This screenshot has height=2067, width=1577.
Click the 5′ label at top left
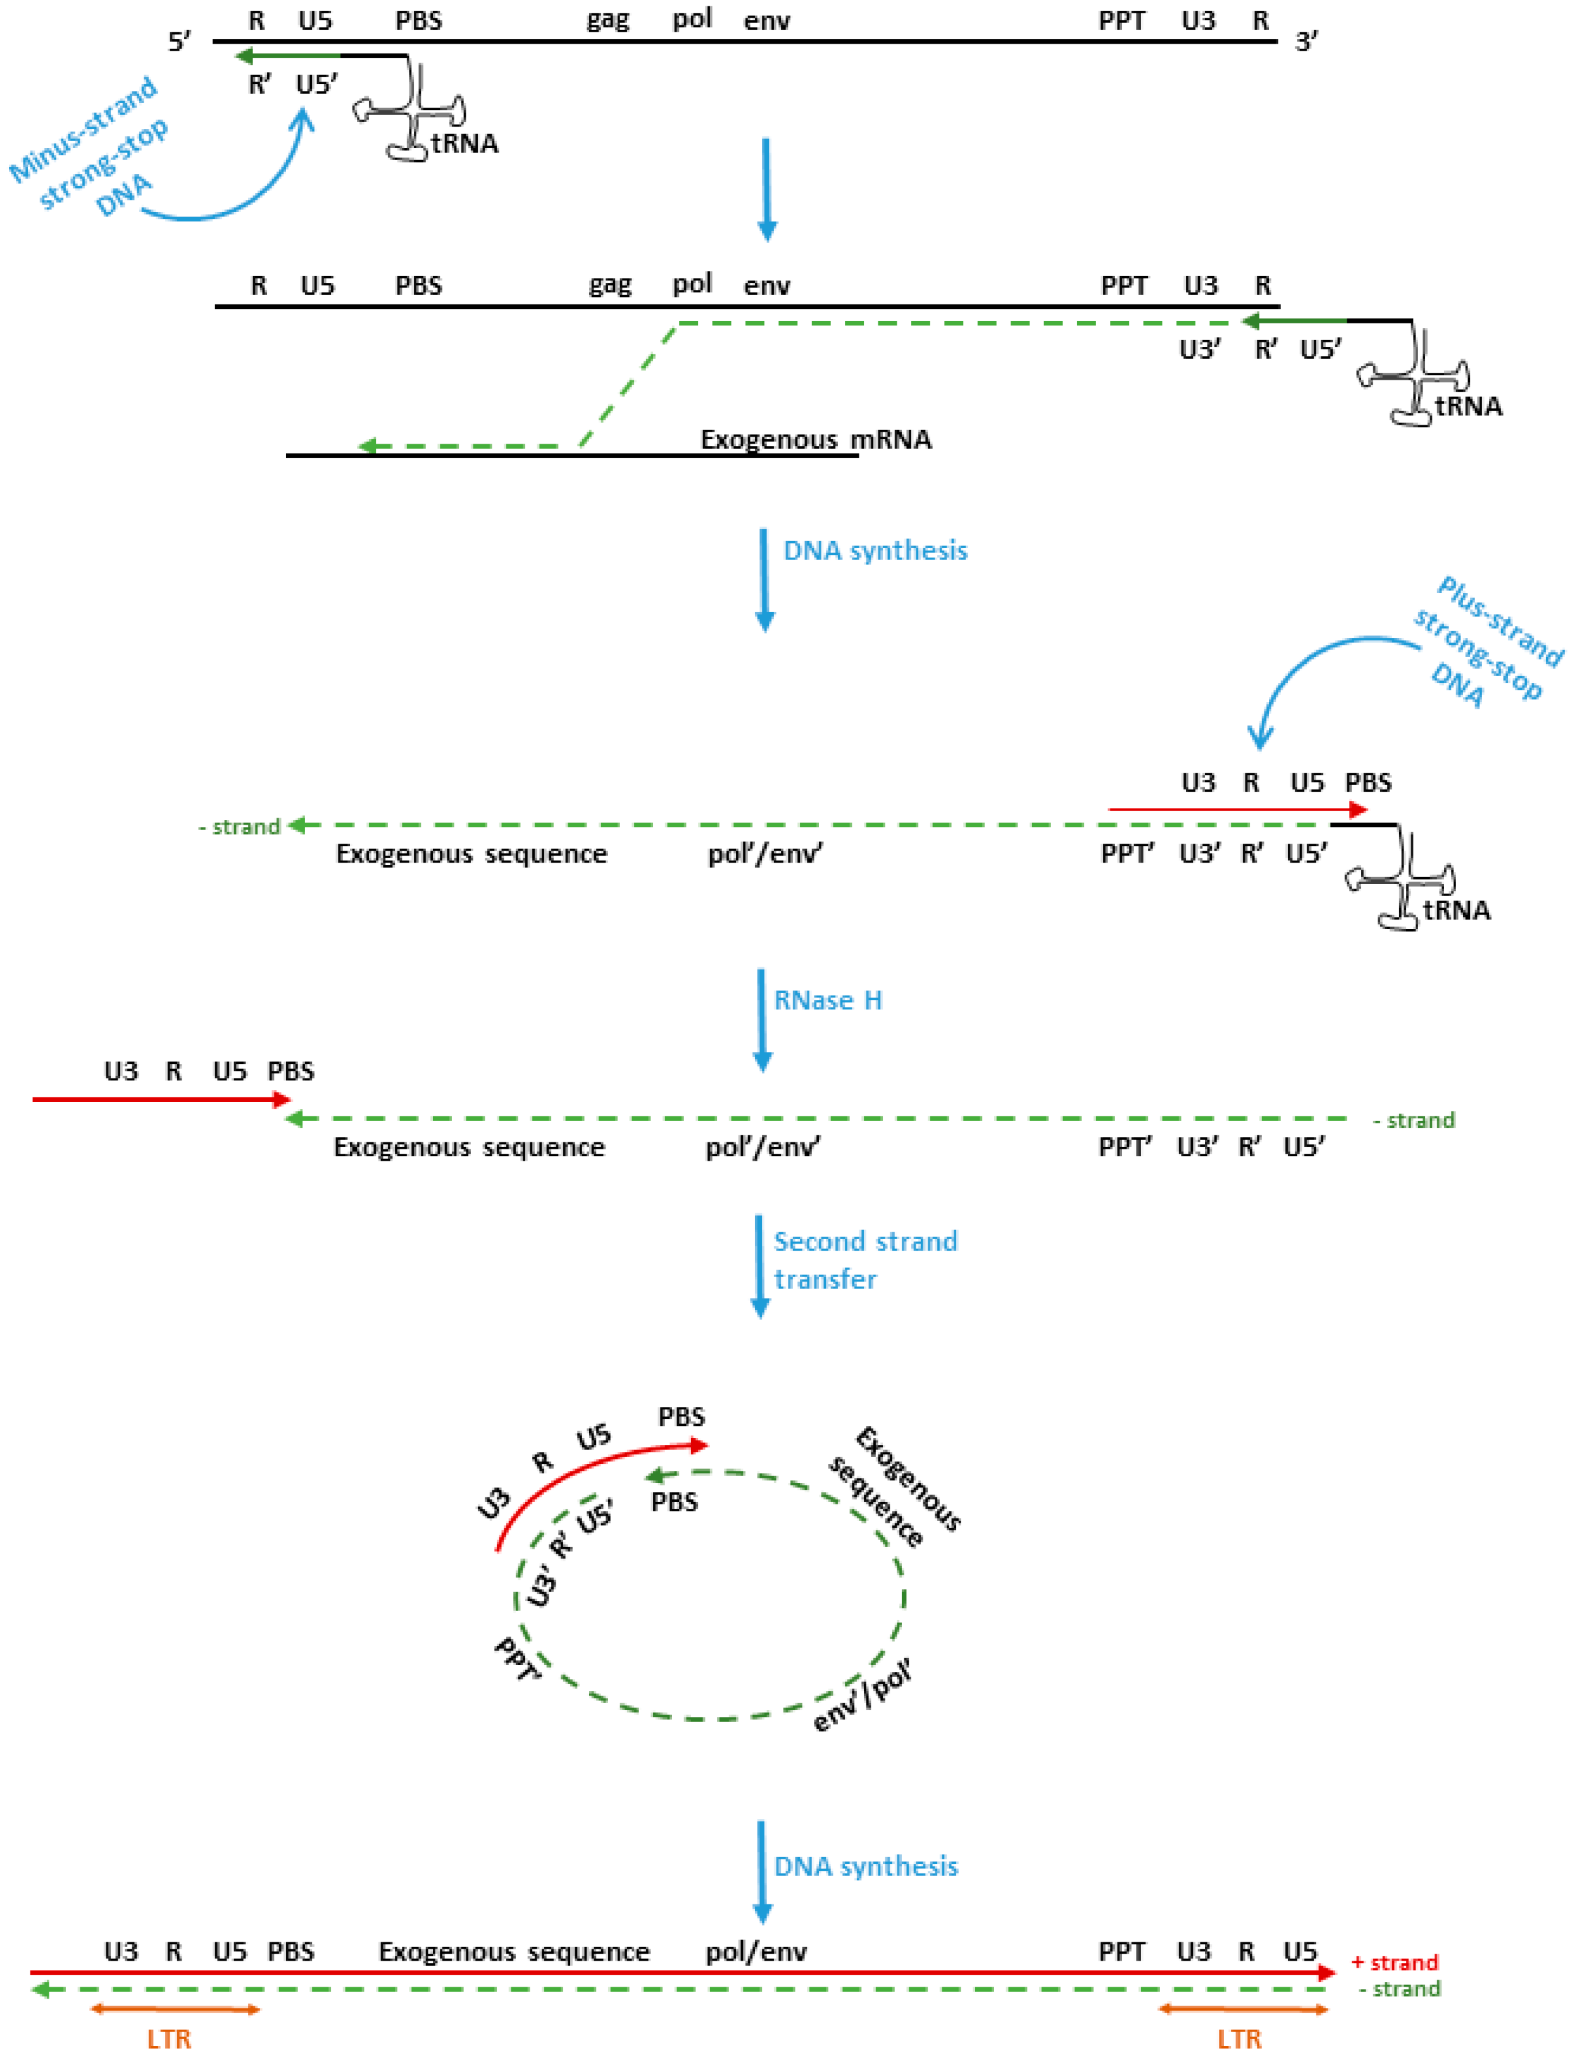[x=178, y=41]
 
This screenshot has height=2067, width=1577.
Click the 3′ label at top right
[x=1306, y=41]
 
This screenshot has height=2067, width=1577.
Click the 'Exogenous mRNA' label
[x=815, y=439]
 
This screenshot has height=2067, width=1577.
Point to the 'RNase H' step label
[x=827, y=1000]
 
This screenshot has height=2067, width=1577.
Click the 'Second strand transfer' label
[x=864, y=1259]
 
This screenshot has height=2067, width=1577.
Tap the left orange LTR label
[x=169, y=2039]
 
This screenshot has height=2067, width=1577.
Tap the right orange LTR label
[x=1238, y=2039]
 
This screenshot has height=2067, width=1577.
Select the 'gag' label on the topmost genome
[x=608, y=20]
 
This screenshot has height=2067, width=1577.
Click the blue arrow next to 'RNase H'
[x=761, y=1020]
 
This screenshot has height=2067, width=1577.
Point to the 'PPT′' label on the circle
[x=517, y=1659]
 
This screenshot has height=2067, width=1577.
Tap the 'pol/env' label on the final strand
[x=756, y=1952]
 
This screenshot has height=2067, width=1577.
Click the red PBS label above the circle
[x=680, y=1416]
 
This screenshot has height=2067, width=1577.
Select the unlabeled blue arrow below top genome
[x=766, y=188]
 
